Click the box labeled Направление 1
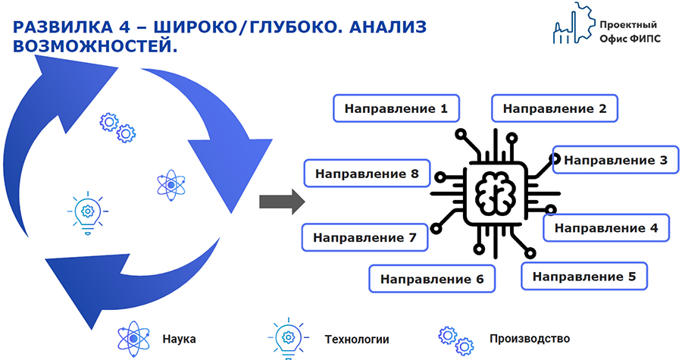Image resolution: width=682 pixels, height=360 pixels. point(396,108)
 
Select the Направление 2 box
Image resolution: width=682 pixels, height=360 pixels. point(555,108)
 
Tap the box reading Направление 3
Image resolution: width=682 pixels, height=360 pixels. point(615,160)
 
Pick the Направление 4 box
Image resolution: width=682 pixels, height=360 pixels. point(606,228)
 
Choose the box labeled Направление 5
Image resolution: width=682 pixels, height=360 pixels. point(584,276)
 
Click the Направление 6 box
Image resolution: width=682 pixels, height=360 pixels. point(432,279)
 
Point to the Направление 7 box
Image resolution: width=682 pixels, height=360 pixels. point(365,238)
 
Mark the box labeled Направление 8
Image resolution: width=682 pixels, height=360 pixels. point(367,174)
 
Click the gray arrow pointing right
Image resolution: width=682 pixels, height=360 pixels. point(282,202)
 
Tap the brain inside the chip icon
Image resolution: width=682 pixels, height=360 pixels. point(496,193)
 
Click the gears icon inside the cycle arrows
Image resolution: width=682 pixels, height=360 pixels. point(117,128)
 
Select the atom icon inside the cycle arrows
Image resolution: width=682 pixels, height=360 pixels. point(171,185)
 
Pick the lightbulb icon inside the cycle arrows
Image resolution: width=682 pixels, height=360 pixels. point(88,213)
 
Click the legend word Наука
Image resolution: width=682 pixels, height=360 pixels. point(179,339)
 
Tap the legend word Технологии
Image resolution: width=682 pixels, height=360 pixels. point(357,339)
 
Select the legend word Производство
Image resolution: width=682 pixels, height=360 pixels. point(530,338)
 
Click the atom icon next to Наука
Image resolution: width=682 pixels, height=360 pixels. point(133,339)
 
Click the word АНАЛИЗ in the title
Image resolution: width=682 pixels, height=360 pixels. point(388,27)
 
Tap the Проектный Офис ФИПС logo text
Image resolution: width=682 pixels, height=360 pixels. point(630,32)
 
